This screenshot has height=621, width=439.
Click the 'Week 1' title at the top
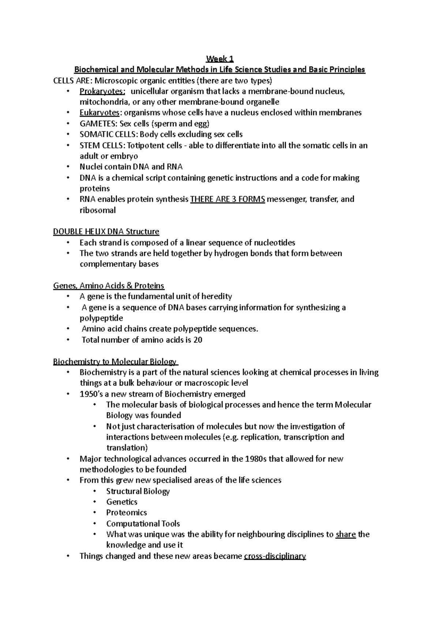(x=219, y=59)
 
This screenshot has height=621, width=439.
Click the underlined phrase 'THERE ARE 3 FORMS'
(x=228, y=199)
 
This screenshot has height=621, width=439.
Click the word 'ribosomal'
(x=97, y=210)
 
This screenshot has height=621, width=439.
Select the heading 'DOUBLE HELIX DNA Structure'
(x=106, y=232)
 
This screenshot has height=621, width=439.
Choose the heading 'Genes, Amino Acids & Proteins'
(x=109, y=286)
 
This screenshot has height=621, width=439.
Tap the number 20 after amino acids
(x=198, y=340)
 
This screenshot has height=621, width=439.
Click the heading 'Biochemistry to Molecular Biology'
(x=115, y=362)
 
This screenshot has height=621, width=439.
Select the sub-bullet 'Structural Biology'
(x=138, y=491)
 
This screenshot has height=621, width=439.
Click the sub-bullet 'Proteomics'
(x=127, y=512)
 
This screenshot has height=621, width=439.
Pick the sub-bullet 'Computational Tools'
(x=143, y=523)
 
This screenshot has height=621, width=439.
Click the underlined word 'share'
(x=345, y=534)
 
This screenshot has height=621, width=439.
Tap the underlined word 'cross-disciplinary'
(x=274, y=556)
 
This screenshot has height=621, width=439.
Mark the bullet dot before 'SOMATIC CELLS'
(x=68, y=135)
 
